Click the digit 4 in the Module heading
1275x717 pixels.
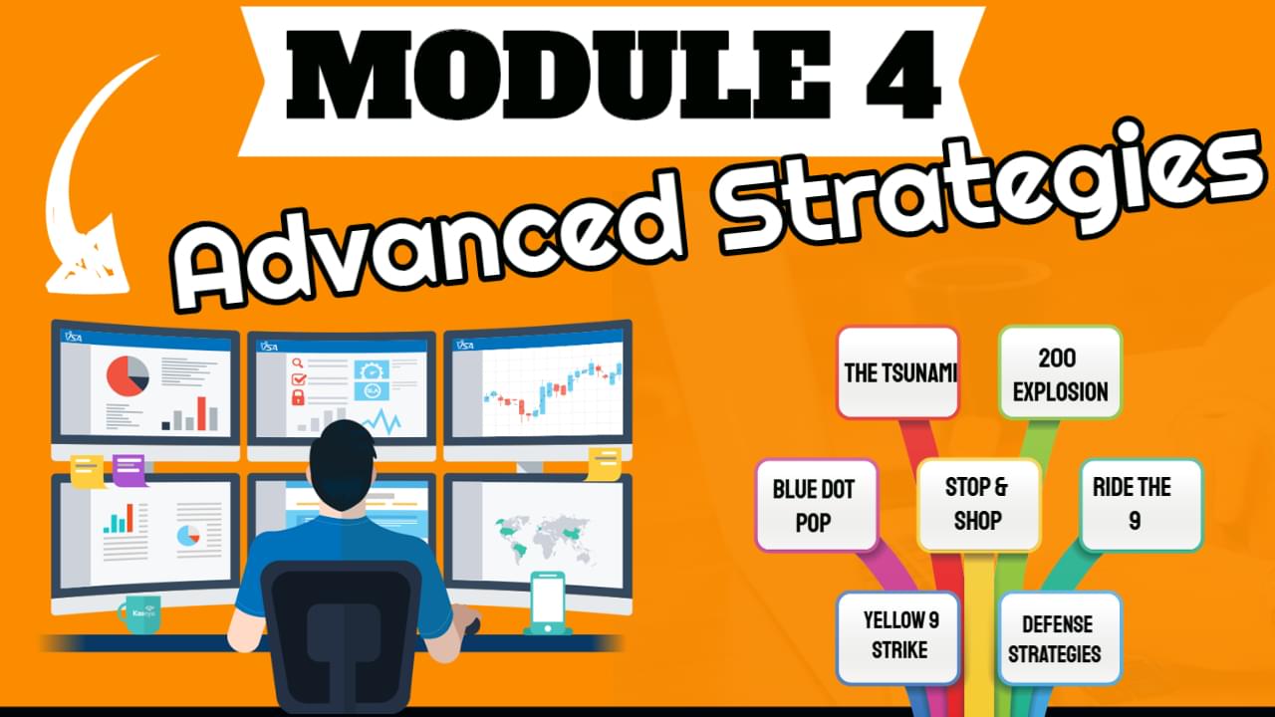tap(903, 75)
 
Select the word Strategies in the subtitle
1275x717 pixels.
tap(990, 188)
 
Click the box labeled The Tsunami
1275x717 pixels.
tap(898, 372)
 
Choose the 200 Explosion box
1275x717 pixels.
tap(1061, 372)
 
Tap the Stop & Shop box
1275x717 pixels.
tap(978, 505)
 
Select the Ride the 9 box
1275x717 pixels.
tap(1142, 505)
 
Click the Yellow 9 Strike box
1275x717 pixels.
tap(898, 638)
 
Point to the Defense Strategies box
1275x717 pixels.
tap(1060, 638)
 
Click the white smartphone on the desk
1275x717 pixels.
tap(548, 603)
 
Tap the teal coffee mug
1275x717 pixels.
tap(140, 613)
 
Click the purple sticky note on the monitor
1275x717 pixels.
tap(129, 470)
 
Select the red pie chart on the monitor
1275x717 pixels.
tap(128, 376)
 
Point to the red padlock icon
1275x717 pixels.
tap(298, 396)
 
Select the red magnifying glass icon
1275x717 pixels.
tap(298, 363)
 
